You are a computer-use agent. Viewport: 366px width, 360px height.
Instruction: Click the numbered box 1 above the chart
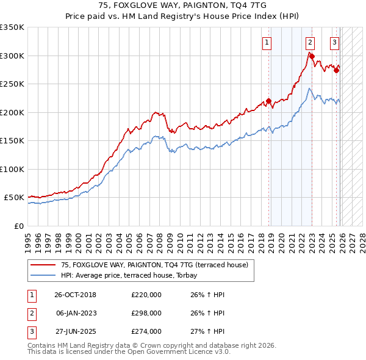(267, 43)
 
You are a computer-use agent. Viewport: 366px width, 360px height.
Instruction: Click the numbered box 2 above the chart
(310, 43)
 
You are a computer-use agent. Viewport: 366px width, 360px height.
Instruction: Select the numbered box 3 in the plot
(335, 43)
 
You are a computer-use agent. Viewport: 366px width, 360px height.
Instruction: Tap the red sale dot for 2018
(268, 101)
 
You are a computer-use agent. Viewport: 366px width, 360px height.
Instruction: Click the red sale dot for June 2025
(336, 70)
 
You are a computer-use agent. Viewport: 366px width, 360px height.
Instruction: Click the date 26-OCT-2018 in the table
(75, 295)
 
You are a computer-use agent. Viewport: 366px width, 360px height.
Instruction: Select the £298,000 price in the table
(146, 313)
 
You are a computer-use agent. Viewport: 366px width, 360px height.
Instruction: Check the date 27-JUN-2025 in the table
(75, 331)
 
